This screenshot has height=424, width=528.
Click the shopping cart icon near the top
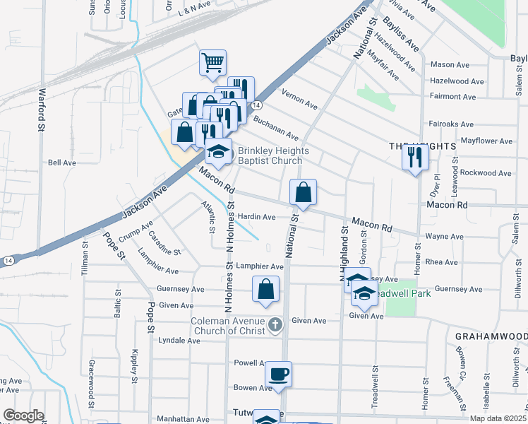tap(212, 62)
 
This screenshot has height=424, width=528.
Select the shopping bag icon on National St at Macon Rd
tap(303, 192)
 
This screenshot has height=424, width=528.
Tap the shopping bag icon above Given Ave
tap(265, 289)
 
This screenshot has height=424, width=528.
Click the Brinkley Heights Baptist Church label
tap(270, 155)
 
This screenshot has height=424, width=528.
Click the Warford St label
tap(41, 110)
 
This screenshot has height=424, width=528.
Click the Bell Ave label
tap(62, 163)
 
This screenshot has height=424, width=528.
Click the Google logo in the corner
tap(23, 416)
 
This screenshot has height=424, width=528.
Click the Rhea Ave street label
tap(442, 262)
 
